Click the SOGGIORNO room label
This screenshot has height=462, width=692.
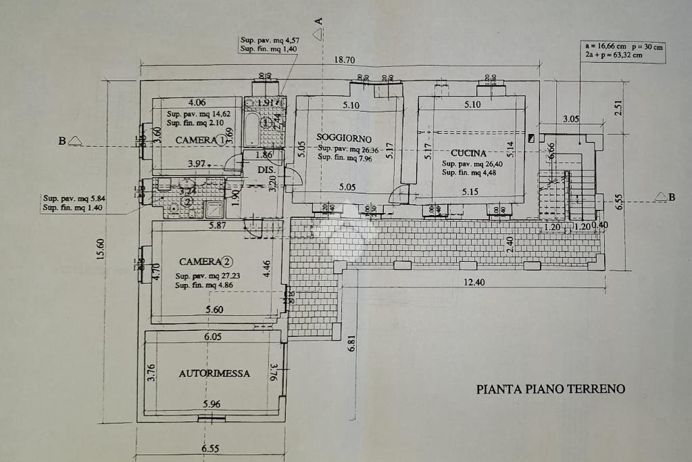pyautogui.click(x=344, y=138)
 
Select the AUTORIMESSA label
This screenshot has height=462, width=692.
pyautogui.click(x=214, y=373)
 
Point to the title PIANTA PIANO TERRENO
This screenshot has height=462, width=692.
pyautogui.click(x=551, y=389)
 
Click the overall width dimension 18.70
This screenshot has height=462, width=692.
pyautogui.click(x=345, y=60)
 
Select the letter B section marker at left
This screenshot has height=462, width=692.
pyautogui.click(x=62, y=141)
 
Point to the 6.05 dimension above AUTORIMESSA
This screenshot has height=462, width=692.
pyautogui.click(x=213, y=336)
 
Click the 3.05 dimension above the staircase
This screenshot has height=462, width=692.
pyautogui.click(x=571, y=118)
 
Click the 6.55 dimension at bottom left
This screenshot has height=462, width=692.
pyautogui.click(x=210, y=448)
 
